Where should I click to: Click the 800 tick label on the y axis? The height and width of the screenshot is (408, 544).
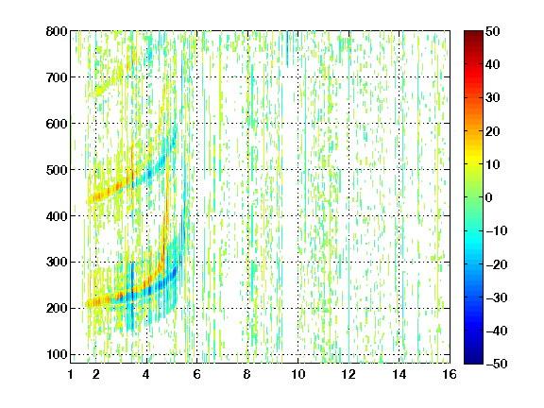(x=57, y=31)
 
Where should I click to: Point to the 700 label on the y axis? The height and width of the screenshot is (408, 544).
(x=57, y=77)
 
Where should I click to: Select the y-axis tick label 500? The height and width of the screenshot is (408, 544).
(x=57, y=170)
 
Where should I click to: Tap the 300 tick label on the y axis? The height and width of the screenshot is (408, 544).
(x=57, y=263)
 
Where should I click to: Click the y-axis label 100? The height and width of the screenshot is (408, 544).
(x=57, y=354)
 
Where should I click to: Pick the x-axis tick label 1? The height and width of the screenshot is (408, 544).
(x=71, y=374)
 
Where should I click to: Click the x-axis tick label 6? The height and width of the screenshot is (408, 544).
(x=196, y=374)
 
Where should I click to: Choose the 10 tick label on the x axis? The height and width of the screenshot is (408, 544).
(x=298, y=374)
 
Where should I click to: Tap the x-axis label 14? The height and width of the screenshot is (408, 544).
(x=399, y=374)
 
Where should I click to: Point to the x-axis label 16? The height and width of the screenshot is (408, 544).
(x=450, y=374)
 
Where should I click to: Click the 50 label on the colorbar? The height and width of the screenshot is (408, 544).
(x=492, y=31)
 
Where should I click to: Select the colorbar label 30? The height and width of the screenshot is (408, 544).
(x=492, y=97)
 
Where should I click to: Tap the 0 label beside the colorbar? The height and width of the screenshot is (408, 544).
(x=488, y=197)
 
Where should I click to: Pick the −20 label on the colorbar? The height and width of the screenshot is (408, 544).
(x=497, y=264)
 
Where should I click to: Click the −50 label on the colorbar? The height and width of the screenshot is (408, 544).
(x=497, y=364)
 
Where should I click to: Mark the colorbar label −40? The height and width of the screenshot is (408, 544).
(x=497, y=331)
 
